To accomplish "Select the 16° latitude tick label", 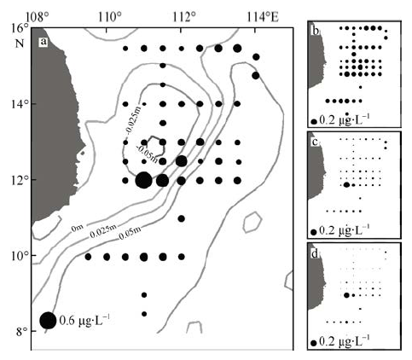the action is click(21, 29).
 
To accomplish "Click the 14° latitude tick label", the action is click(21, 104).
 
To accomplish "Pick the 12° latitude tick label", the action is click(21, 180).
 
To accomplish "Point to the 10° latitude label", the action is click(21, 255).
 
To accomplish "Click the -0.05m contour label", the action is click(148, 154).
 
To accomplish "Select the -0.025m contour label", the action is click(133, 121).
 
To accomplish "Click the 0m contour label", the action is click(78, 228).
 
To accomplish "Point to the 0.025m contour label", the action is click(103, 232).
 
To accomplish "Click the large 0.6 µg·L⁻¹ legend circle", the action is click(48, 321).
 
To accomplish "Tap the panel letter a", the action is click(43, 42).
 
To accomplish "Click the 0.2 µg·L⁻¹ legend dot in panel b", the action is click(314, 121).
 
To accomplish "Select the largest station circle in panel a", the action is click(143, 180).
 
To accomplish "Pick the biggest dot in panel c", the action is click(346, 185).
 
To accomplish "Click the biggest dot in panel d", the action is click(346, 295).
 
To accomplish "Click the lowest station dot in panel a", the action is click(144, 314).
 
